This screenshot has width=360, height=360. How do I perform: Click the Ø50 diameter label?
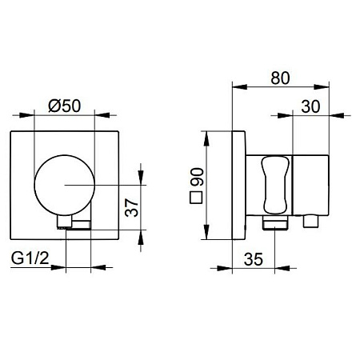(64, 106)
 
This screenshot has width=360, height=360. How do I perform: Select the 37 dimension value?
(132, 207)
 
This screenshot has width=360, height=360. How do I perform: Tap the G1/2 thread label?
(30, 258)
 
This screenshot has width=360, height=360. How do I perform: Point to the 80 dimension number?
(280, 78)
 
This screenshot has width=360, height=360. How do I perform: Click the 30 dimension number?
(310, 106)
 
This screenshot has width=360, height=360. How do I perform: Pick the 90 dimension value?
(198, 177)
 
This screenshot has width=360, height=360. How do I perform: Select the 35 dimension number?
(254, 259)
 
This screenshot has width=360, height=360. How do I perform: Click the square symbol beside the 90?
(196, 198)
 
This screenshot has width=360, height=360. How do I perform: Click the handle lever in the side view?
(275, 185)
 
